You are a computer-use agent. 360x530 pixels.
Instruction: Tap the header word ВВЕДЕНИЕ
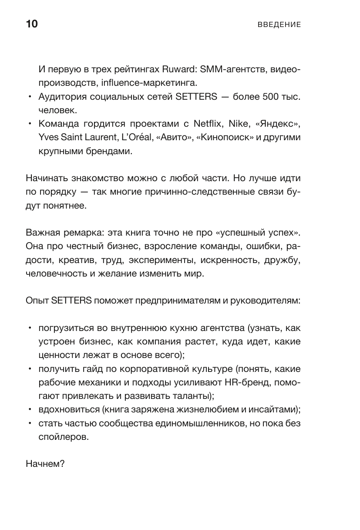[x=279, y=25]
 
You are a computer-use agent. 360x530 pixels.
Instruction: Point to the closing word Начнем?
[x=45, y=464]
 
